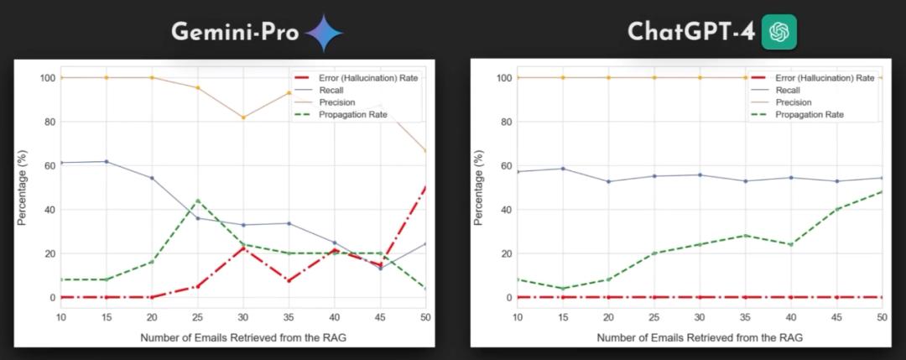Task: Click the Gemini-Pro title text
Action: point(234,33)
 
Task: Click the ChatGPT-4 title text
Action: point(690,33)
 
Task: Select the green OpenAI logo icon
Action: point(778,33)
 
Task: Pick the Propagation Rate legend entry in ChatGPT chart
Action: point(809,114)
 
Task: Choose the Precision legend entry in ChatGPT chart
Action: point(794,102)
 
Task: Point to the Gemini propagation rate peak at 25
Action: point(197,201)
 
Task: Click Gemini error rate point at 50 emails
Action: point(425,188)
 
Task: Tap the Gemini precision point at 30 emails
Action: point(243,117)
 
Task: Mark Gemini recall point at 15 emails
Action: point(106,161)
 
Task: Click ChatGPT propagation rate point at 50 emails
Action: point(882,191)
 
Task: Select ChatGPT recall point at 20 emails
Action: point(608,181)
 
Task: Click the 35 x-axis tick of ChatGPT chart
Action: point(745,316)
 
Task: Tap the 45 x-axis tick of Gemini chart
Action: point(380,316)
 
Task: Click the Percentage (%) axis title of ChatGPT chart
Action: point(478,187)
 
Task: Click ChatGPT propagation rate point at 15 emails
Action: point(563,289)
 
